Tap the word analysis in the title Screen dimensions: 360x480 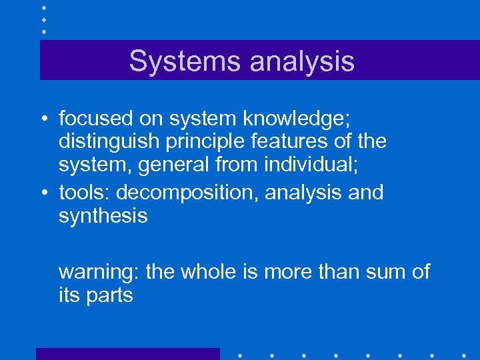click(302, 61)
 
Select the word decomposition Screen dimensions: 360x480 click(187, 193)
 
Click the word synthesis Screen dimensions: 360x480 click(103, 216)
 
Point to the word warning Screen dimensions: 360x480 click(99, 272)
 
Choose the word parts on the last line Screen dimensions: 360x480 click(109, 295)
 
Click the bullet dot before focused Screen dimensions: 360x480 click(43, 120)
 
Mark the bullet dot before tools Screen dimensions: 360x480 click(43, 193)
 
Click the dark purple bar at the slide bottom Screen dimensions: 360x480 click(127, 353)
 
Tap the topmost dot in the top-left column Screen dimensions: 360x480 click(43, 7)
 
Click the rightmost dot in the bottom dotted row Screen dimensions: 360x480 click(463, 354)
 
